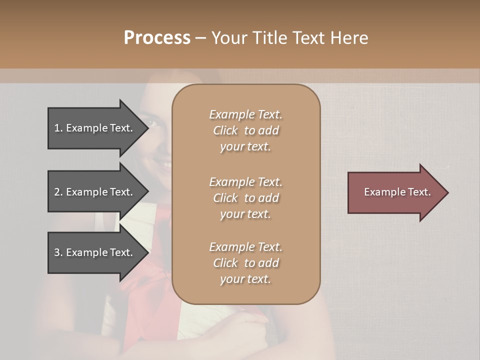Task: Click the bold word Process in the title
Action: pyautogui.click(x=157, y=38)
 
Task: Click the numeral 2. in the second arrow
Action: pyautogui.click(x=58, y=192)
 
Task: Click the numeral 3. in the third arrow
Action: pyautogui.click(x=58, y=252)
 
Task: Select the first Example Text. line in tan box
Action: pyautogui.click(x=245, y=114)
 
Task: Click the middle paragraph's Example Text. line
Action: pyautogui.click(x=245, y=181)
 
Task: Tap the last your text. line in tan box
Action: pyautogui.click(x=245, y=279)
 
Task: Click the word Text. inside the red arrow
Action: pyautogui.click(x=418, y=192)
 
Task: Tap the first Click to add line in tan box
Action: pyautogui.click(x=245, y=130)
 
